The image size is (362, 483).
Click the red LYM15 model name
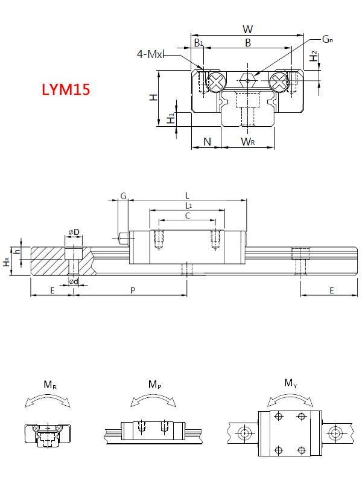pos(66,90)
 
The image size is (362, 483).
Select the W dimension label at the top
pos(247,29)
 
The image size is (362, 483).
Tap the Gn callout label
pos(328,39)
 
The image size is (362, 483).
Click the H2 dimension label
pos(313,57)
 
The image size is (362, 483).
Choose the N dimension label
pos(207,142)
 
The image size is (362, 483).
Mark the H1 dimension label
pos(172,118)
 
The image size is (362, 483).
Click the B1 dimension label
pos(198,43)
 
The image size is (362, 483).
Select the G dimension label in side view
pos(122,196)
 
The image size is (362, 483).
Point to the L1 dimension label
pos(188,206)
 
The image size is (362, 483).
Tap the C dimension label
pos(188,216)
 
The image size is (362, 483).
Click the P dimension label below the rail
pos(133,290)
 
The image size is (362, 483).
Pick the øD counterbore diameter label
pos(74,232)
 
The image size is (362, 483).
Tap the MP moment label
pos(154,385)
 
